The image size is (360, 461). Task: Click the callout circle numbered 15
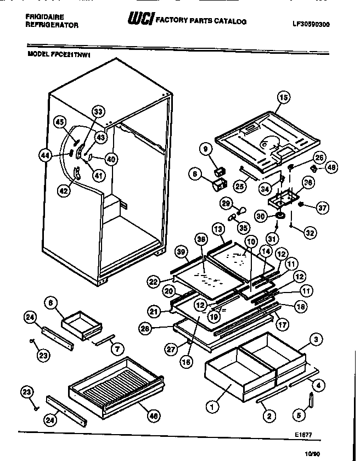click(283, 99)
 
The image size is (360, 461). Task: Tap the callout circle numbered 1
click(210, 407)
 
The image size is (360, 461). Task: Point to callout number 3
click(315, 339)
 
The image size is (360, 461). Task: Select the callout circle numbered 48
click(330, 167)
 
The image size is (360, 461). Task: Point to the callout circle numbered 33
click(98, 113)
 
